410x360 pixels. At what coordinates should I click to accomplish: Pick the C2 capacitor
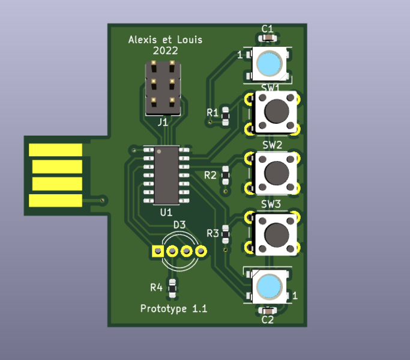click(268, 310)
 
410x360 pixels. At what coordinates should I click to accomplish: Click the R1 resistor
click(226, 114)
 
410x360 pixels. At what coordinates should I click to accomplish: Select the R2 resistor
click(226, 175)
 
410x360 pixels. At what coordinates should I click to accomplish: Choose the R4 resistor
click(172, 288)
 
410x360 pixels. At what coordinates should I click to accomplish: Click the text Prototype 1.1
click(173, 309)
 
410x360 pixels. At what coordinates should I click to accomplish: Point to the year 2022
click(165, 51)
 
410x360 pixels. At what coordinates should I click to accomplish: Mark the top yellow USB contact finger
click(56, 149)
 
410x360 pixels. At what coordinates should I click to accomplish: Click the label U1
click(166, 212)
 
